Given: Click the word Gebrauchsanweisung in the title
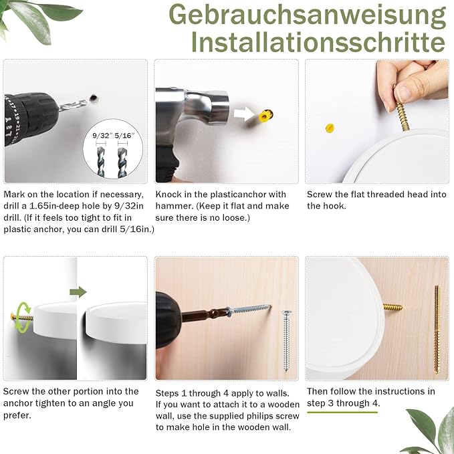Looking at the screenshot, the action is click(307, 15).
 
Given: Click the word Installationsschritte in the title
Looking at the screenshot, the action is click(318, 41).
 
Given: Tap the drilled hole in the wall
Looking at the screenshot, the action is click(94, 98).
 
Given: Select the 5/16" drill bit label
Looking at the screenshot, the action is click(125, 136).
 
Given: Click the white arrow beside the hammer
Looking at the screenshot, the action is click(244, 114).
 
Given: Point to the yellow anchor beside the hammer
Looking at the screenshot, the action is click(265, 116).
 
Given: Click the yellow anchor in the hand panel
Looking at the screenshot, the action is click(330, 128).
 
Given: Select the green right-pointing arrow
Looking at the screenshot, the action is click(78, 292).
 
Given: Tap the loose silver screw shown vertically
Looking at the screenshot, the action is click(286, 340).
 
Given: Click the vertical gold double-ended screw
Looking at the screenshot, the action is click(437, 329).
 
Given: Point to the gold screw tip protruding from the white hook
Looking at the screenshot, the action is click(393, 307).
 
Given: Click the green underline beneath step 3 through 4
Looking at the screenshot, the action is click(342, 412).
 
